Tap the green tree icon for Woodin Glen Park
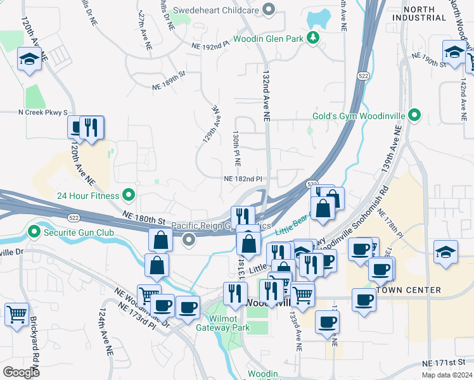[312, 39]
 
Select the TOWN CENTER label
[409, 290]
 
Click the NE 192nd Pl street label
[210, 46]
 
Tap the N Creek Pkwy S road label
[43, 112]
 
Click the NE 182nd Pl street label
[242, 179]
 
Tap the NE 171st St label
[447, 363]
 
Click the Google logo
[22, 372]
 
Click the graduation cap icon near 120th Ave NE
[29, 59]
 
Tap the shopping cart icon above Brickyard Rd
[17, 313]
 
